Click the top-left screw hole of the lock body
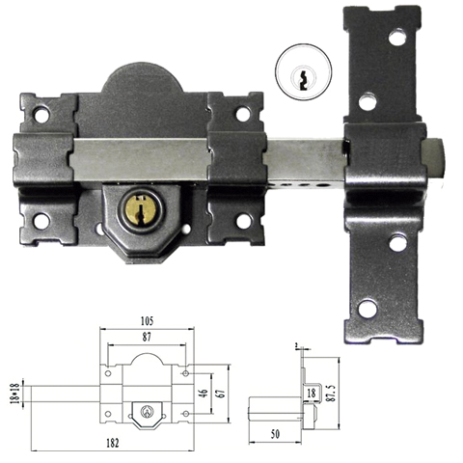coord(42,114)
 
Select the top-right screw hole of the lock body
coord(242,114)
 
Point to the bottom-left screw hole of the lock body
coord(42,221)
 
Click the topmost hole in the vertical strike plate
coord(396,38)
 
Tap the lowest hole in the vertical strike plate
coord(368,310)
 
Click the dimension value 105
coord(147,319)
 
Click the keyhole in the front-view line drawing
coord(146,412)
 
